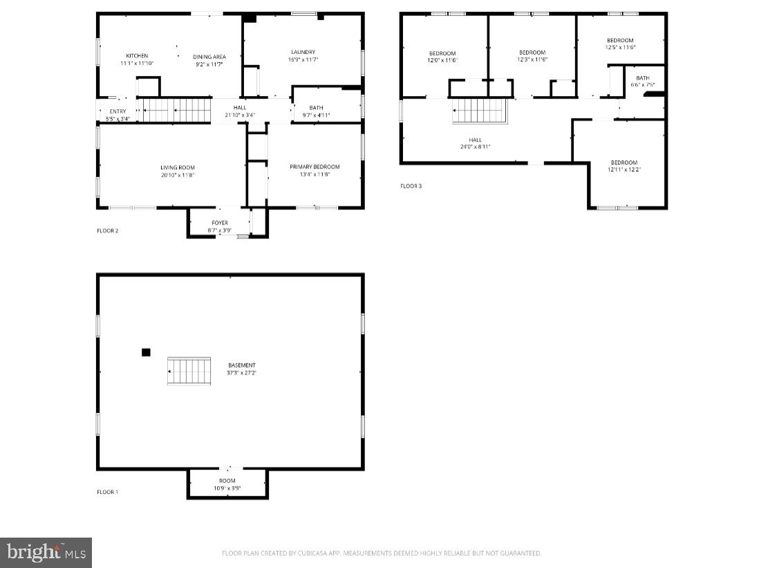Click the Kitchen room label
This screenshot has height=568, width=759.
136,56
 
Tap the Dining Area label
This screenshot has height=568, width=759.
209,57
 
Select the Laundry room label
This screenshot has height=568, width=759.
303,52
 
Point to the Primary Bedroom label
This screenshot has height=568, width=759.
315,167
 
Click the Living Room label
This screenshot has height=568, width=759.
178,167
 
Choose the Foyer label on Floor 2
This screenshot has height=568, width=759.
220,223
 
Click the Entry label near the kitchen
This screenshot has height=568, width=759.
118,111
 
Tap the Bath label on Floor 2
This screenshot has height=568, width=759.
316,108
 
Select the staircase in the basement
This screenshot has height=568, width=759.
189,371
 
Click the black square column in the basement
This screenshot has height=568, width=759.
146,352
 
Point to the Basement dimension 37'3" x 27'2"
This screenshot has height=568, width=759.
242,372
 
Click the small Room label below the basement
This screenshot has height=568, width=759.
227,480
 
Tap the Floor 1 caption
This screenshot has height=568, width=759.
107,492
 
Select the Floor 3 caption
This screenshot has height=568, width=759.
411,186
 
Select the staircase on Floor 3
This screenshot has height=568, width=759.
480,111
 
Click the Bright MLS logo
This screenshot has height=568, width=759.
46,552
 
